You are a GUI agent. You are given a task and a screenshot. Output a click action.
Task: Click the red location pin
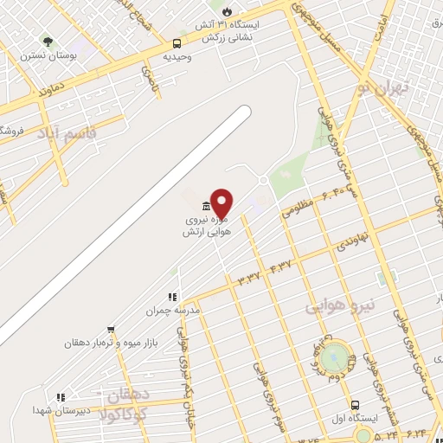pos(221,202)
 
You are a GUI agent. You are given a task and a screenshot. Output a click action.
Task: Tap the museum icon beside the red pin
pos(204,206)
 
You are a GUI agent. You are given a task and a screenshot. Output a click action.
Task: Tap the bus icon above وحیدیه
pos(177,42)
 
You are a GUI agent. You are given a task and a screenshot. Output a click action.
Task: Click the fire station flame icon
pos(228,11)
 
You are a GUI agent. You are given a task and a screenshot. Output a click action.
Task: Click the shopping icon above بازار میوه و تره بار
pos(111,330)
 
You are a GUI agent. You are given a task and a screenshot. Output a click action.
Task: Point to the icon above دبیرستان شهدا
pos(60,397)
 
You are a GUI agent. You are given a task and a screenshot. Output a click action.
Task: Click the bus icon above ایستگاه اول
pos(355,405)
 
